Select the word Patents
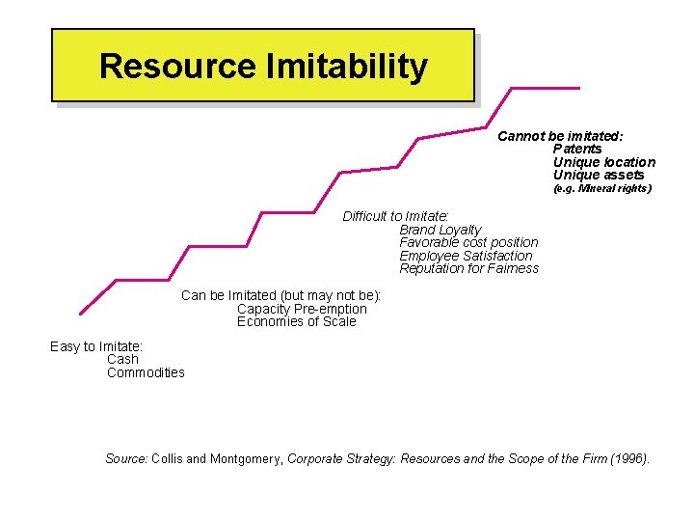pos(576,149)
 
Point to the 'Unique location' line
pos(603,162)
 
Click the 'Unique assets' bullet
pos(598,175)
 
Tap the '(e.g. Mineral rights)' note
pos(602,189)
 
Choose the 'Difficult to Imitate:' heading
pos(396,216)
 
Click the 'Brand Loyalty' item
pos(440,230)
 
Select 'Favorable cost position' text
pos(468,242)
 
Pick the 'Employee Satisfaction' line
pos(466,256)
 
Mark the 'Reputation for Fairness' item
pos(468,268)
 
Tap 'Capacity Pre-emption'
pos(302,309)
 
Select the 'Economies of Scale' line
pos(296,321)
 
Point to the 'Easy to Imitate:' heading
pos(96,346)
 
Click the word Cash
pos(122,359)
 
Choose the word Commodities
pos(146,372)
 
